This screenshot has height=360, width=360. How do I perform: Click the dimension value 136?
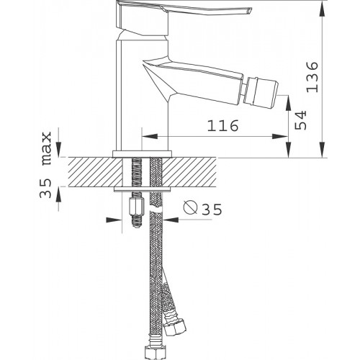(312, 77)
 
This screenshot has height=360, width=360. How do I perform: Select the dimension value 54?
(300, 120)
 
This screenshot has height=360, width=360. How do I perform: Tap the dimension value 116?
(223, 126)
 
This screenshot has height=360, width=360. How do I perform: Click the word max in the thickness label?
(47, 148)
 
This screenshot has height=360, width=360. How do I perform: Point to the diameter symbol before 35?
(190, 207)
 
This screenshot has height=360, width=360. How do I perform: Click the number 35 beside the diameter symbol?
(212, 210)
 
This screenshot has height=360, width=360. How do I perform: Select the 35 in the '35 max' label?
(45, 188)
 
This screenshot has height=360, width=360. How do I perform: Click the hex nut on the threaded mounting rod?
(137, 206)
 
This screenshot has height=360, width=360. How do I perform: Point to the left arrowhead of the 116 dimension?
(150, 136)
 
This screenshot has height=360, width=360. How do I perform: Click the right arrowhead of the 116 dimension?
(280, 136)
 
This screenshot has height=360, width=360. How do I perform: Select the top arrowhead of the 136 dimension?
(323, 9)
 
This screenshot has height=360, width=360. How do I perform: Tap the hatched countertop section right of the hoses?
(189, 172)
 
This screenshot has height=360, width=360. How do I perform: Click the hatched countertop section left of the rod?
(96, 172)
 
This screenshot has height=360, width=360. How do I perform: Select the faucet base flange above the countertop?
(143, 154)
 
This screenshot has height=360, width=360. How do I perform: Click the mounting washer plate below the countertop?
(143, 189)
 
